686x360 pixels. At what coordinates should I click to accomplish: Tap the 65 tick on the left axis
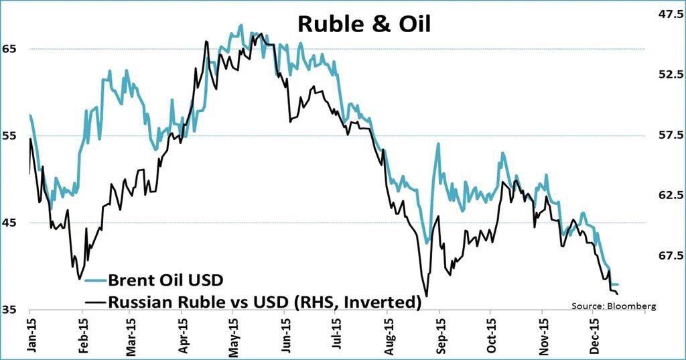[x=11, y=49]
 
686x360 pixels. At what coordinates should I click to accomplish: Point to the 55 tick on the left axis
[x=11, y=136]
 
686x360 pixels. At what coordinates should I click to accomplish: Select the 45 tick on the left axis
[x=11, y=223]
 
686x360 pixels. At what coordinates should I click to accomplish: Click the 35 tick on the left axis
[x=11, y=310]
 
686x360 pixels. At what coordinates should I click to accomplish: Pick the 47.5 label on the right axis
[x=669, y=13]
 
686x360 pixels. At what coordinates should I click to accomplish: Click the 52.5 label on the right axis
[x=669, y=74]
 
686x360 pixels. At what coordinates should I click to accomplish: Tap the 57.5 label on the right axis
[x=669, y=135]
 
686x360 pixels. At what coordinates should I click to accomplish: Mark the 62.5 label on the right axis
[x=669, y=195]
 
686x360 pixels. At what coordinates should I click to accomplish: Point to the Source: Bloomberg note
[x=612, y=306]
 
